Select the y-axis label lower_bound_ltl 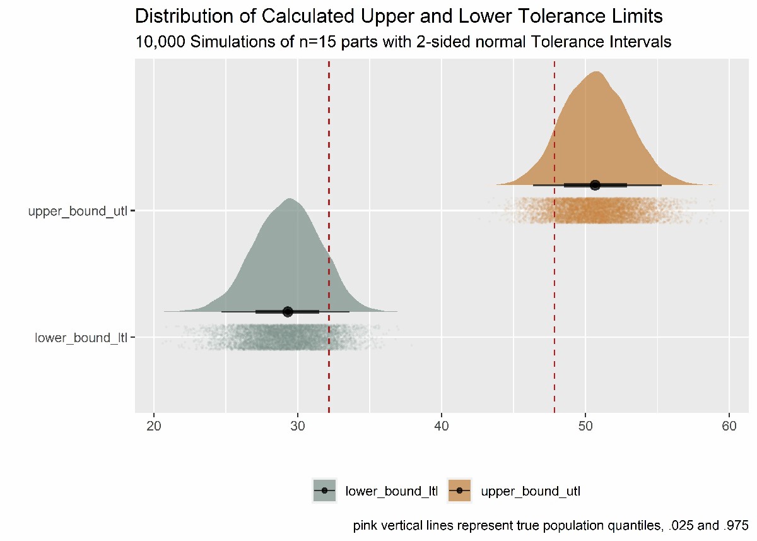[81, 338]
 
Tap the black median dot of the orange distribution [595, 185]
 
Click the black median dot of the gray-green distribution [288, 311]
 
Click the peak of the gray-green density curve [290, 199]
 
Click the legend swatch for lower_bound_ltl [325, 490]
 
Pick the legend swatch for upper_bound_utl [460, 490]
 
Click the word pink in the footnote [364, 525]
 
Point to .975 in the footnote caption [736, 525]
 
